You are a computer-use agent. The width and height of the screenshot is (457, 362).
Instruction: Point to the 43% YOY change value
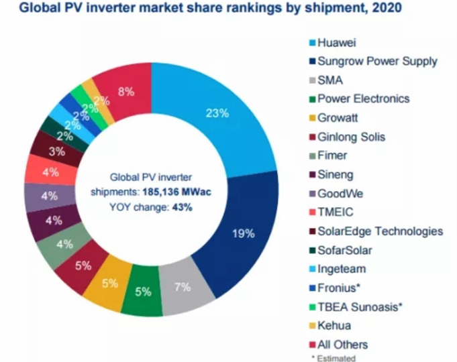click(183, 207)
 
